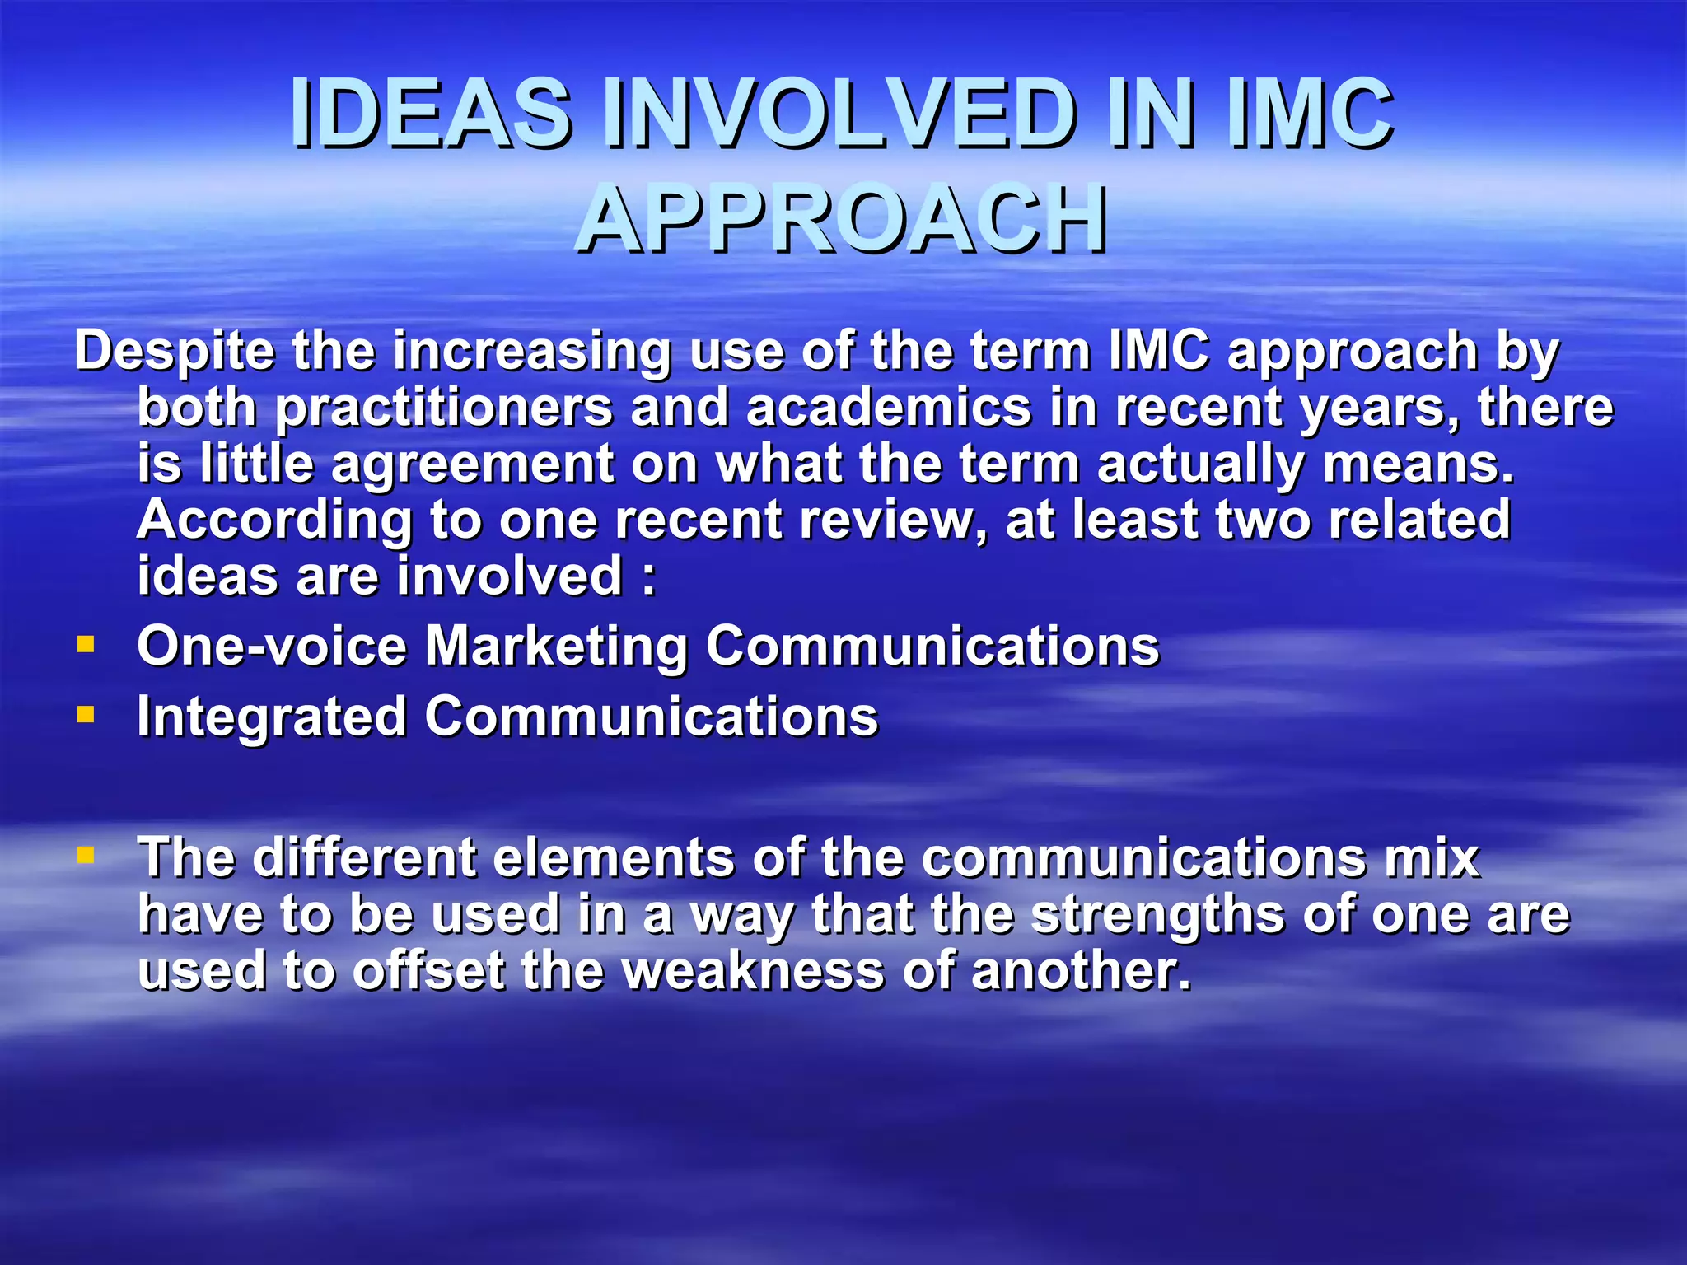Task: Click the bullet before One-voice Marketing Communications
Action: pos(85,643)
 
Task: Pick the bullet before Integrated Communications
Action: pos(85,713)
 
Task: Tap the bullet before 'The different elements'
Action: pos(85,855)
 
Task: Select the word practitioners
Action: pos(444,408)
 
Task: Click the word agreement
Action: pos(472,464)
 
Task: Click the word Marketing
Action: pos(556,647)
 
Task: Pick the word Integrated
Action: pos(271,717)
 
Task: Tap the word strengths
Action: pos(1157,916)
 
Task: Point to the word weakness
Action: pos(753,970)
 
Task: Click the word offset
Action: pos(428,970)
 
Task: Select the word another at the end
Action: pos(1080,970)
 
